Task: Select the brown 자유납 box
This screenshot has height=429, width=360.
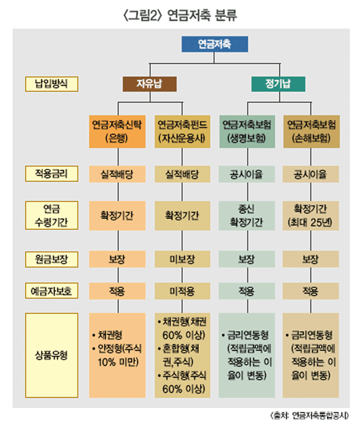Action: (x=149, y=83)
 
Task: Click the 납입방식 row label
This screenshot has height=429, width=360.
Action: (x=51, y=84)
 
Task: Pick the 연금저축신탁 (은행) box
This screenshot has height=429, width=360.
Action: (x=117, y=132)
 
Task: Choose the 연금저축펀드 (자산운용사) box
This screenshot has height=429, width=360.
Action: (x=181, y=132)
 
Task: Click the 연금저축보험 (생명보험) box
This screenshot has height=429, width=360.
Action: (x=247, y=132)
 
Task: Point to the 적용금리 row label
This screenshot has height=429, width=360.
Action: (x=51, y=173)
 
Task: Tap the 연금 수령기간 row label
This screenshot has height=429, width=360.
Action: (x=51, y=215)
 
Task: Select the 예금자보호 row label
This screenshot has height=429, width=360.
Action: (x=51, y=291)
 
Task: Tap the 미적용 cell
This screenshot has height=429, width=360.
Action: (x=181, y=291)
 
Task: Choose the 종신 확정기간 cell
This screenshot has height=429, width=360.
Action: (x=247, y=215)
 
